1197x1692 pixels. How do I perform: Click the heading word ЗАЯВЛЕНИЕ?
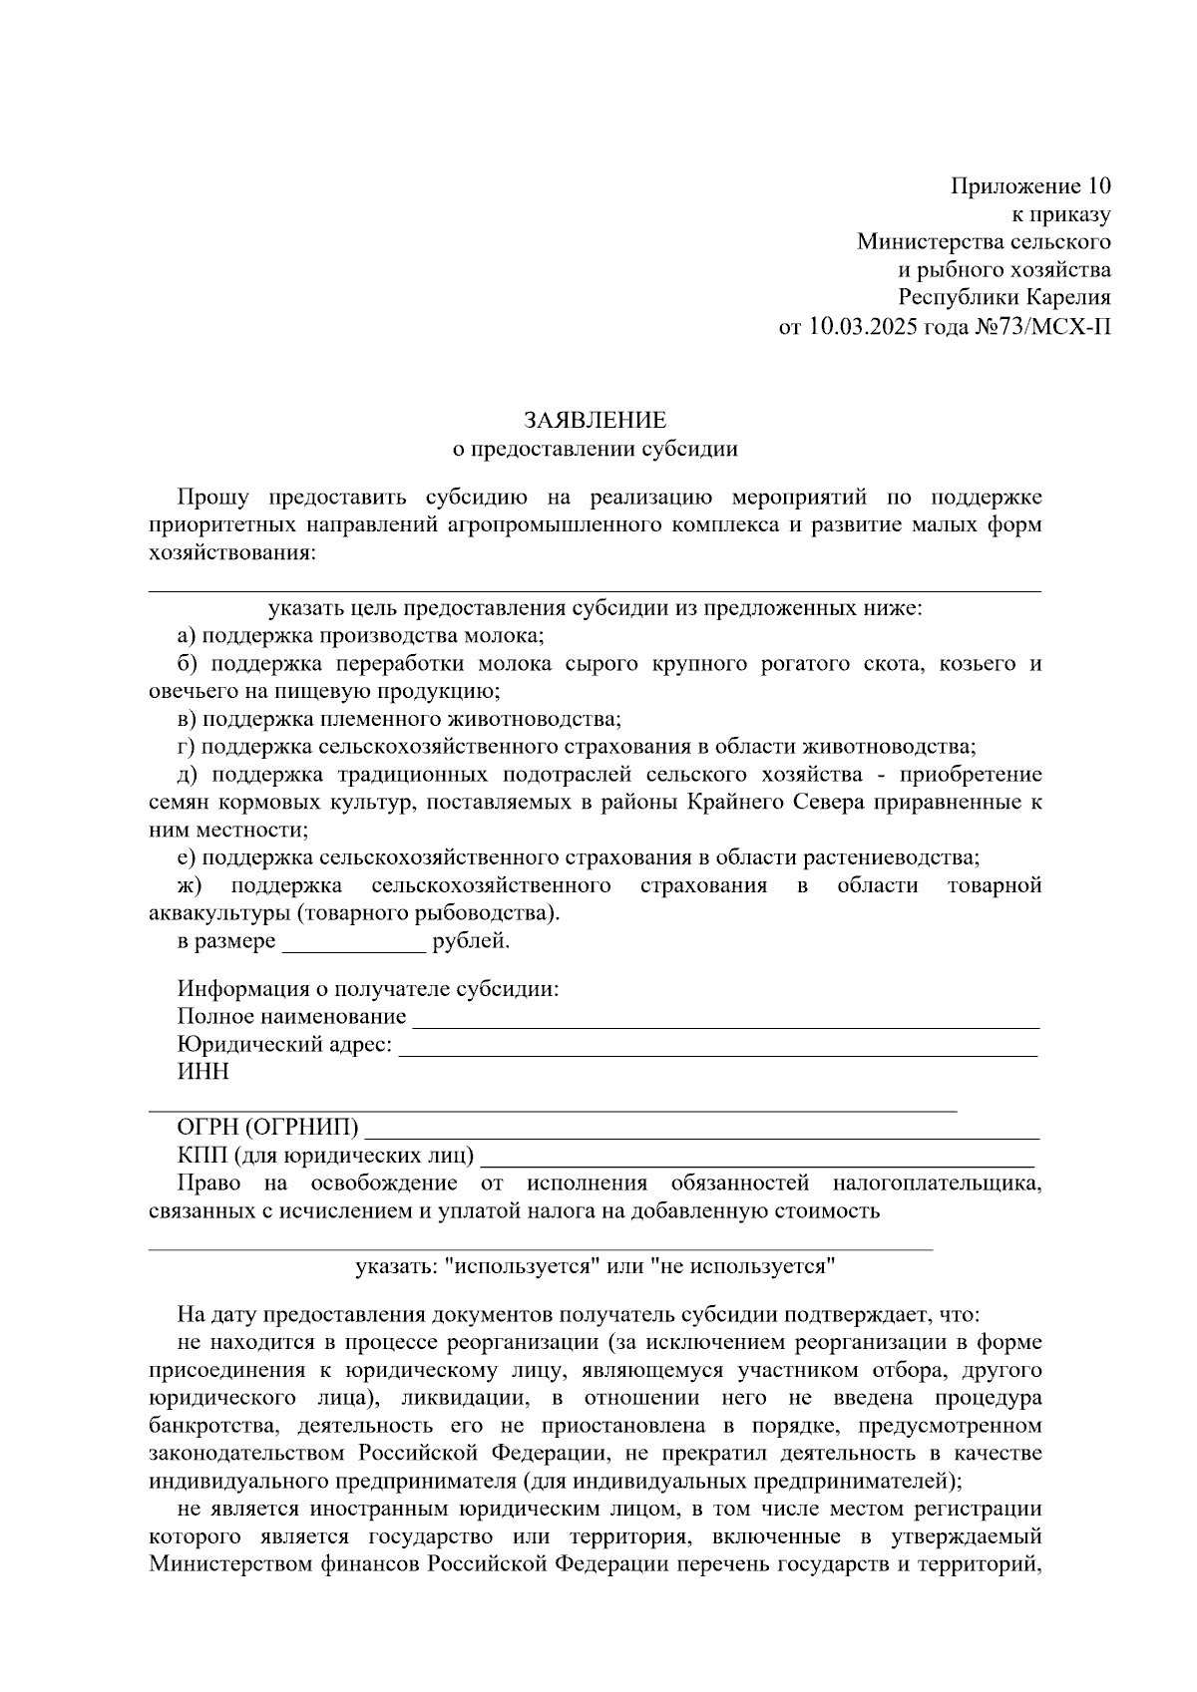coord(595,420)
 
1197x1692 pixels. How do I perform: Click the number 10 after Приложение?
coord(1097,186)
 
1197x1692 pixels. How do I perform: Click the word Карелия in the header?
coord(1069,297)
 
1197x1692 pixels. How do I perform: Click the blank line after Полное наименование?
coord(725,1019)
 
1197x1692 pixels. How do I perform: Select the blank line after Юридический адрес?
coord(718,1047)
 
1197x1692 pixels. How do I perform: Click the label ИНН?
coord(202,1072)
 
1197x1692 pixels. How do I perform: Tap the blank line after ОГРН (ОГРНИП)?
coord(703,1131)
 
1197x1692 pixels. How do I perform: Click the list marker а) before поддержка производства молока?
coord(187,636)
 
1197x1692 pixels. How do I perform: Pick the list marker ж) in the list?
coord(190,885)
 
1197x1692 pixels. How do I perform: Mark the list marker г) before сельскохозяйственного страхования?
coord(187,747)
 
